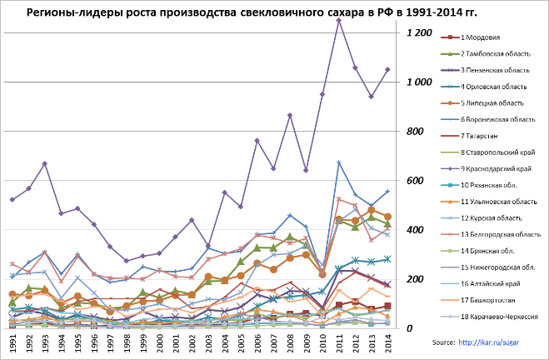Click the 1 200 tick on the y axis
(x=419, y=32)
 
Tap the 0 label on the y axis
(x=410, y=328)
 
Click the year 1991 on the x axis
(x=12, y=344)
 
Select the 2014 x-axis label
(x=387, y=344)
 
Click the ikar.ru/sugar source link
(x=500, y=342)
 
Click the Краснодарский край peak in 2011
(x=339, y=20)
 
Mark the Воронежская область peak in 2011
(x=339, y=162)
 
